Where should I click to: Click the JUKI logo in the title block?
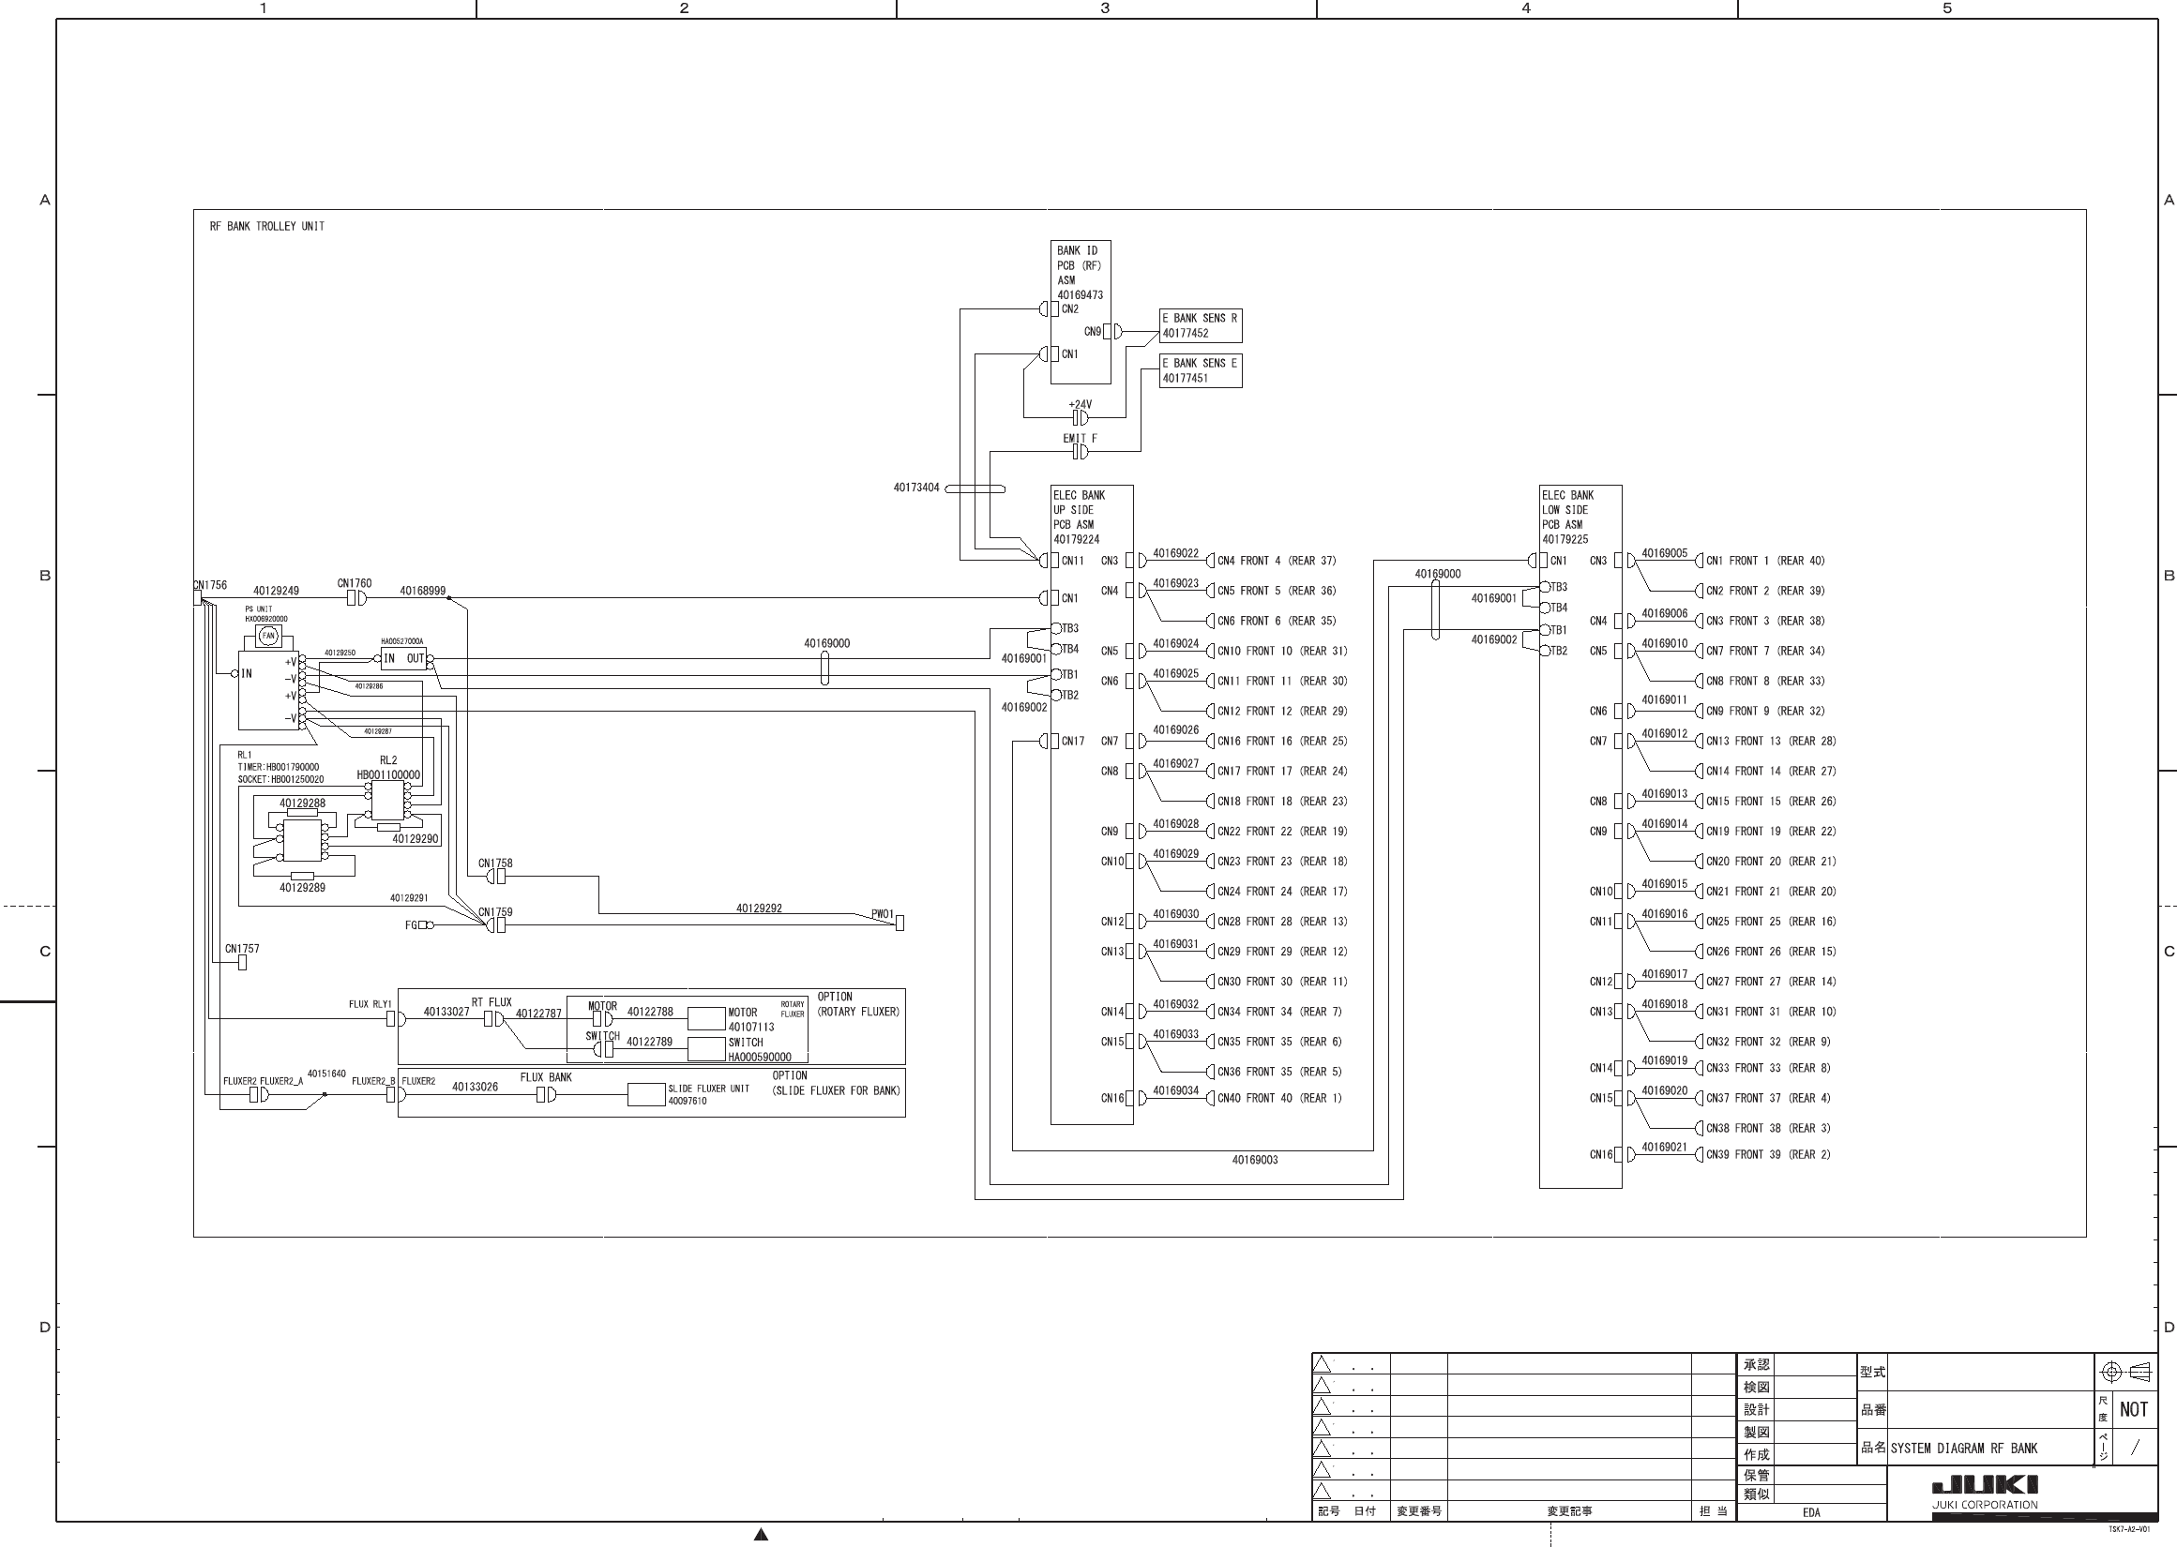(x=1985, y=1485)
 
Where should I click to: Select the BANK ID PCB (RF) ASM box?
(x=1081, y=311)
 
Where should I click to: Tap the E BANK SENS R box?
(x=1200, y=325)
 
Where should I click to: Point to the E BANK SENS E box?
(x=1200, y=370)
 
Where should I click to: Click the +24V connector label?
(x=1081, y=405)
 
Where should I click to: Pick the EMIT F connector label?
(x=1080, y=439)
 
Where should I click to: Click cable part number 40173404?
(x=915, y=488)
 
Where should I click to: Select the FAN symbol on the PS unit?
(x=268, y=636)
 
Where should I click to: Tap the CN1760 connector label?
(x=355, y=584)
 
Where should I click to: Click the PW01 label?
(x=884, y=914)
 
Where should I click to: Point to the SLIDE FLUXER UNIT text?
(x=708, y=1089)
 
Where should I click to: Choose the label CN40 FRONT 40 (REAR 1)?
(x=1279, y=1098)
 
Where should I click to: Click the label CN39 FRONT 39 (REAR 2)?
(x=1768, y=1154)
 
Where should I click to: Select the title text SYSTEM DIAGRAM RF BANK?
(x=1963, y=1449)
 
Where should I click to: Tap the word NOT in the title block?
(x=2133, y=1410)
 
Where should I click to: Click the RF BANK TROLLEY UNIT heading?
(x=266, y=227)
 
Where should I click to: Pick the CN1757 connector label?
(x=242, y=949)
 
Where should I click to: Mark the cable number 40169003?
(x=1255, y=1161)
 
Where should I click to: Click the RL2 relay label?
(x=387, y=760)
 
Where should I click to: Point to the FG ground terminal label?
(x=411, y=925)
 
